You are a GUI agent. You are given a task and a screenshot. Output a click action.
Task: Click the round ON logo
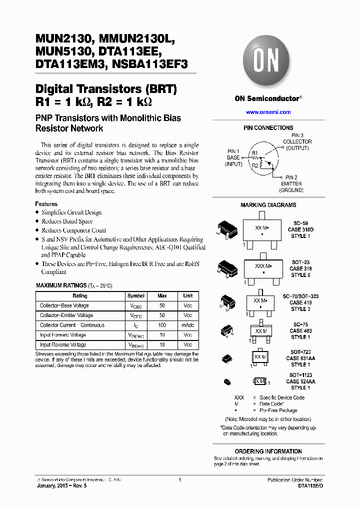268,60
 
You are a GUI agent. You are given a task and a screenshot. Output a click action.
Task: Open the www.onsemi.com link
268,112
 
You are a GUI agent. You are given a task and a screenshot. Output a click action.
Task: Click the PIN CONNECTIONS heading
268,128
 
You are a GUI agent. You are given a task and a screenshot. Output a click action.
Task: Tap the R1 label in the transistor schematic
254,152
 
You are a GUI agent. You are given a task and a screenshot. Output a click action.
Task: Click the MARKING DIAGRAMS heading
268,205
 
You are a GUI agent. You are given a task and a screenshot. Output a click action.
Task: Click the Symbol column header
136,296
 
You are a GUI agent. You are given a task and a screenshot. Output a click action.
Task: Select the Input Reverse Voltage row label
63,344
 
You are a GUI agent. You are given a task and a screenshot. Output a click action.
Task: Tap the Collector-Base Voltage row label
64,305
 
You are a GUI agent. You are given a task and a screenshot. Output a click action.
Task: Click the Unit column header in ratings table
187,296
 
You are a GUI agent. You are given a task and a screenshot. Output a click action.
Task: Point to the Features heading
46,204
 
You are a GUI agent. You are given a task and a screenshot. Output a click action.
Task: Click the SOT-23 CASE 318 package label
300,268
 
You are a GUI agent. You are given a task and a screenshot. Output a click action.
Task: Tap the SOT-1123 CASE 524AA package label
300,381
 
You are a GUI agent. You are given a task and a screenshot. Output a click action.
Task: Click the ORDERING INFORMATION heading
268,451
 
